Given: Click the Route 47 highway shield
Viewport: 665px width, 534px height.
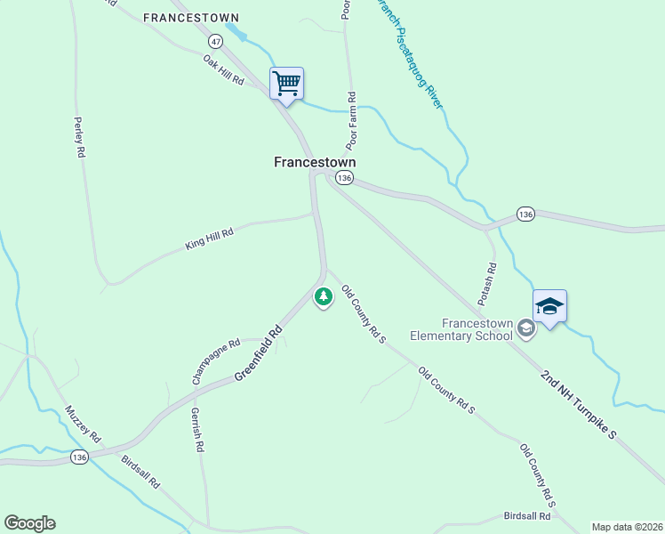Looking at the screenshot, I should coord(216,42).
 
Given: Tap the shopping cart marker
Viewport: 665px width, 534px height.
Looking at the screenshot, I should coord(286,84).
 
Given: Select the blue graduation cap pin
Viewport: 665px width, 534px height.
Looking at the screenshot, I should coord(549,307).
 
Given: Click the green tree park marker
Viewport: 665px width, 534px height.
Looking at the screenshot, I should coord(324,295).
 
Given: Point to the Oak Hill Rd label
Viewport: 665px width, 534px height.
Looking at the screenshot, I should coord(223,69).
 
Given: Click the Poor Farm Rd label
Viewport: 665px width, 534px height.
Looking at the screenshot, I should coord(351,120).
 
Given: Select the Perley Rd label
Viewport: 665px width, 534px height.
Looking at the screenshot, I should coord(79,137).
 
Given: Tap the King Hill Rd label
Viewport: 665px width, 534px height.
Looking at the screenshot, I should coord(209,238).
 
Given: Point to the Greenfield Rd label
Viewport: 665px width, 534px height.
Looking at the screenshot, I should coord(258,353).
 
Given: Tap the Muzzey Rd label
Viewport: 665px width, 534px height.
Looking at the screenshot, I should coord(83,425).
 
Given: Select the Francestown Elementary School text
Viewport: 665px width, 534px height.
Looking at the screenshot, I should coord(461,329).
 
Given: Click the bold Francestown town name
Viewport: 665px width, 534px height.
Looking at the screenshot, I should coord(314,162).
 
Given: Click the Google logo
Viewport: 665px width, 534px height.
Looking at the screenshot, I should coord(29,523).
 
